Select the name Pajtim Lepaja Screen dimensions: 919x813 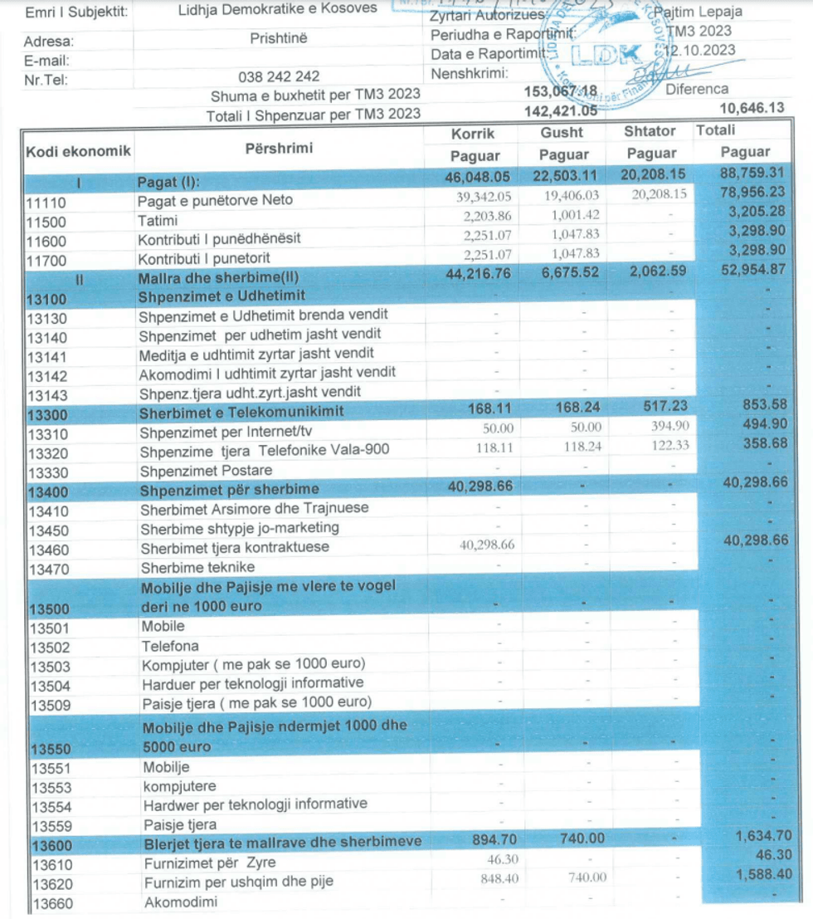(x=698, y=12)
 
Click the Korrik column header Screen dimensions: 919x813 (x=473, y=133)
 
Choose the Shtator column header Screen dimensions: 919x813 (x=650, y=132)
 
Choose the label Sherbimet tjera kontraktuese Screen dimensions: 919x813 (x=235, y=547)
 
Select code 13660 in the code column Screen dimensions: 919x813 (x=50, y=902)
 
